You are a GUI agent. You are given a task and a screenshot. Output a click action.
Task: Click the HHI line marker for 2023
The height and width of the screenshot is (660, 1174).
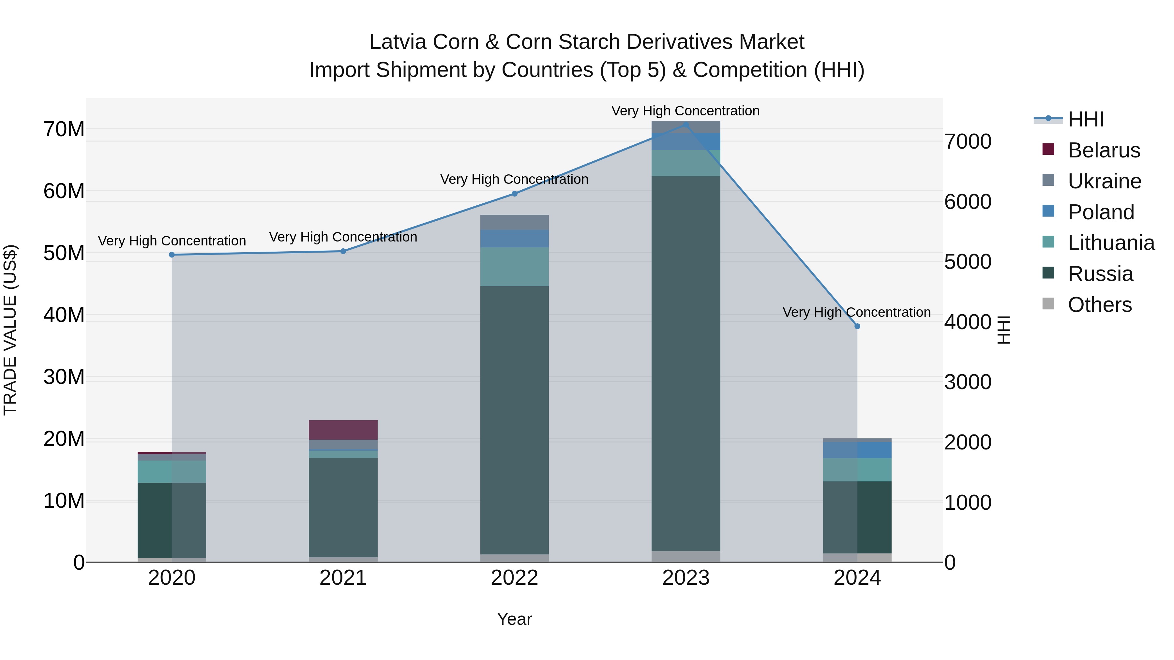685,124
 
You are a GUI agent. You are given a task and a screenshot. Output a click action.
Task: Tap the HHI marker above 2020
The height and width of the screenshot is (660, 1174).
172,255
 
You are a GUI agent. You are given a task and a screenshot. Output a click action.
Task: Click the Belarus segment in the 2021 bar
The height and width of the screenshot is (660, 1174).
343,430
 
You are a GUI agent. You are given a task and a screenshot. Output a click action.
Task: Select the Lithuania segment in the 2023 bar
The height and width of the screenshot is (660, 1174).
685,163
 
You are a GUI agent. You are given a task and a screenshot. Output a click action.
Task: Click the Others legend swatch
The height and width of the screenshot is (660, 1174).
1048,304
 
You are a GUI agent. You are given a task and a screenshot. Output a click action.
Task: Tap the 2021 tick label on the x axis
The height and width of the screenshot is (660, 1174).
343,578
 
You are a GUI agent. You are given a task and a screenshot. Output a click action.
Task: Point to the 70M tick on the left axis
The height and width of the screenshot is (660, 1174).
64,129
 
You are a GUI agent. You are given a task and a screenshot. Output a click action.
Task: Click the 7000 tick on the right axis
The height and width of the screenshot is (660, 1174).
968,142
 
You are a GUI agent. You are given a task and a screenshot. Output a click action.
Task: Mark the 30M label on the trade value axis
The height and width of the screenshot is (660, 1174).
64,377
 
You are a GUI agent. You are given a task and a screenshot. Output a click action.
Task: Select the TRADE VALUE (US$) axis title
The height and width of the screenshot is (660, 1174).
10,330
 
